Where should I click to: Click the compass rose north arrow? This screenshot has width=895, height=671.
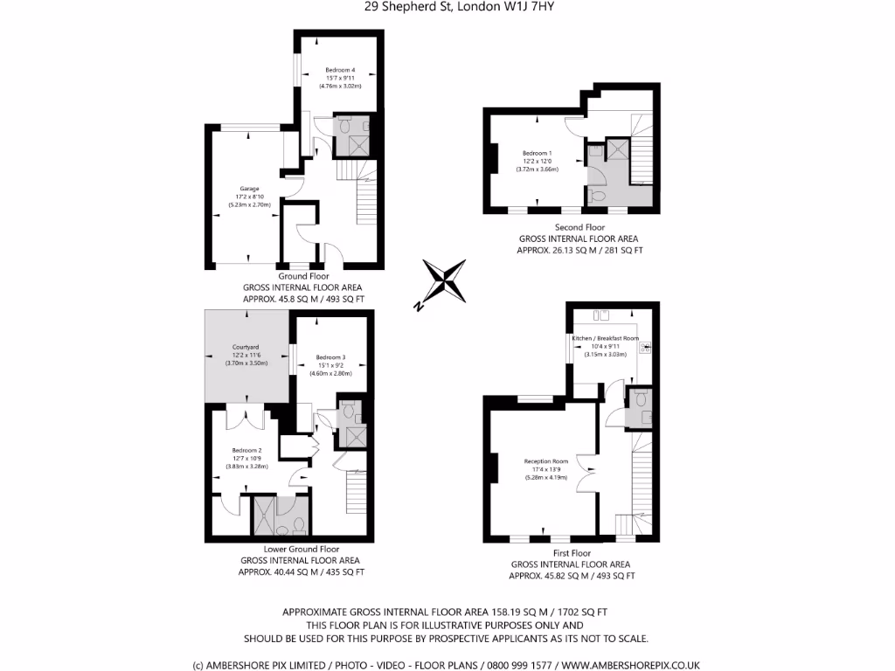coord(445,282)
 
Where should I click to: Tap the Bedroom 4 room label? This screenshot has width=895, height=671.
coord(340,70)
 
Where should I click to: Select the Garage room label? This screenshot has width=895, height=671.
coord(249,189)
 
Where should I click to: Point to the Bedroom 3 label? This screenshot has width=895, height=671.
coord(331,357)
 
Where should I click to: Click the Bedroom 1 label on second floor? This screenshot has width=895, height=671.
coord(537,153)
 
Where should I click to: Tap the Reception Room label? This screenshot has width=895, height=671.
coord(546,461)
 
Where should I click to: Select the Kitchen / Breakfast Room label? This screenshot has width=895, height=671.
coord(605,338)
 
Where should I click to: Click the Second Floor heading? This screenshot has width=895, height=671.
coord(579,227)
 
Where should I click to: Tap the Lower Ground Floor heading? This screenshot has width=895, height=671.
coord(301,550)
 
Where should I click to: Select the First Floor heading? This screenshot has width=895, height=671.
coord(572,553)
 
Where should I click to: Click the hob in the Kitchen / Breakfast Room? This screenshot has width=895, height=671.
coord(645,349)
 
